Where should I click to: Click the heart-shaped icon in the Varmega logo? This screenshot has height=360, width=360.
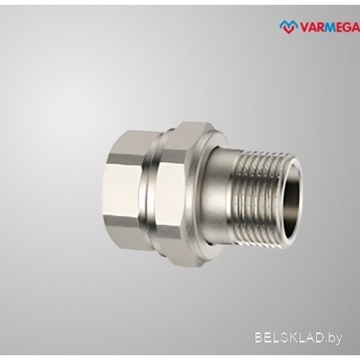click(x=289, y=26)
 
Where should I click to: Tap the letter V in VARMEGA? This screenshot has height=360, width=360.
click(x=304, y=28)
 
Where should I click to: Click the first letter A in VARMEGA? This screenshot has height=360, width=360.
click(x=312, y=28)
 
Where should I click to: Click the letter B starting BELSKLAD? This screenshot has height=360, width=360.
click(x=259, y=338)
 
